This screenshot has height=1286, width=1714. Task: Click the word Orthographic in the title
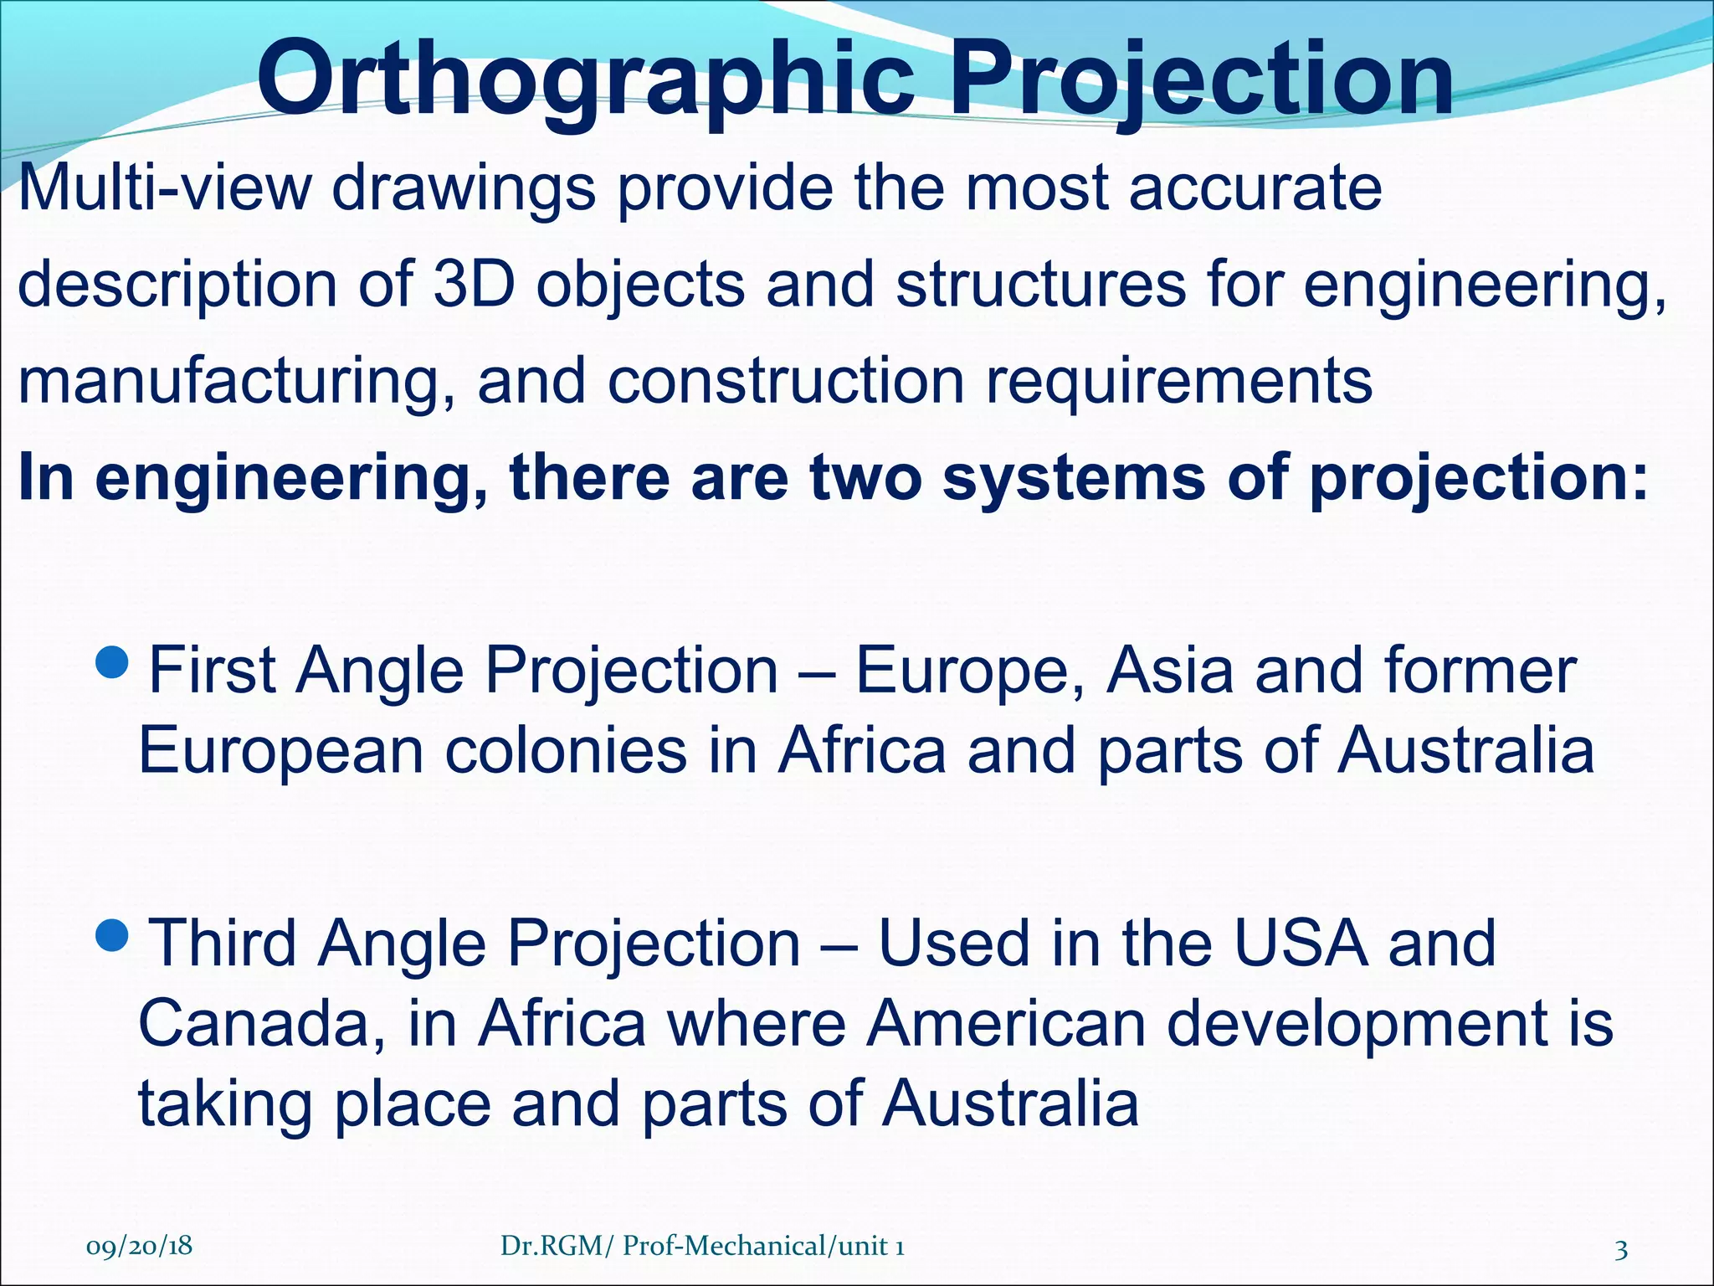586,80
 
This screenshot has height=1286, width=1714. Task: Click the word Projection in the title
1201,80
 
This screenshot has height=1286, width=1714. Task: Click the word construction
787,382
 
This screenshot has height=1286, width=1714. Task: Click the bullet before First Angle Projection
112,663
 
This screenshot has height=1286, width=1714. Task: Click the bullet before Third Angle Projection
112,935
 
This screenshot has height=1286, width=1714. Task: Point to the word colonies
566,750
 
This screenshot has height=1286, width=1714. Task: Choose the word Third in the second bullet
222,943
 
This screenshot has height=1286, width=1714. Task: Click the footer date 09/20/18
139,1246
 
